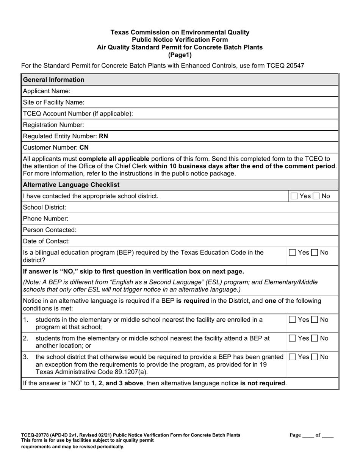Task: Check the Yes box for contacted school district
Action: [x=294, y=196]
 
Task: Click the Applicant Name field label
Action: [x=47, y=91]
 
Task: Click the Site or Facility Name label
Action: [x=53, y=102]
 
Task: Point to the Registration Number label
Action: [x=53, y=125]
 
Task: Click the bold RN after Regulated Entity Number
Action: [x=103, y=136]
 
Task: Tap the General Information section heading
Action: [x=54, y=80]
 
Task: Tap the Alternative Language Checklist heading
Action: [x=71, y=185]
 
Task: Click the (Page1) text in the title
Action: [x=180, y=55]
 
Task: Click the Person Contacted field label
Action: [x=50, y=230]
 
